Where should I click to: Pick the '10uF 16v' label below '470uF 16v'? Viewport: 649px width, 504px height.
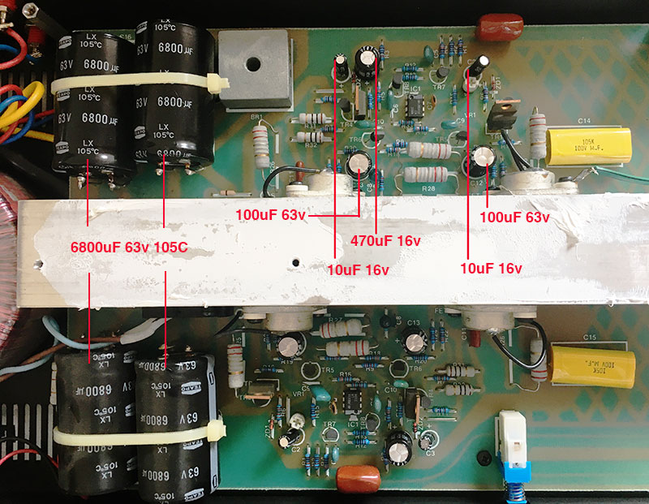point(358,269)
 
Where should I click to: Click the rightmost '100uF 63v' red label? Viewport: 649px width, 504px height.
point(514,218)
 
